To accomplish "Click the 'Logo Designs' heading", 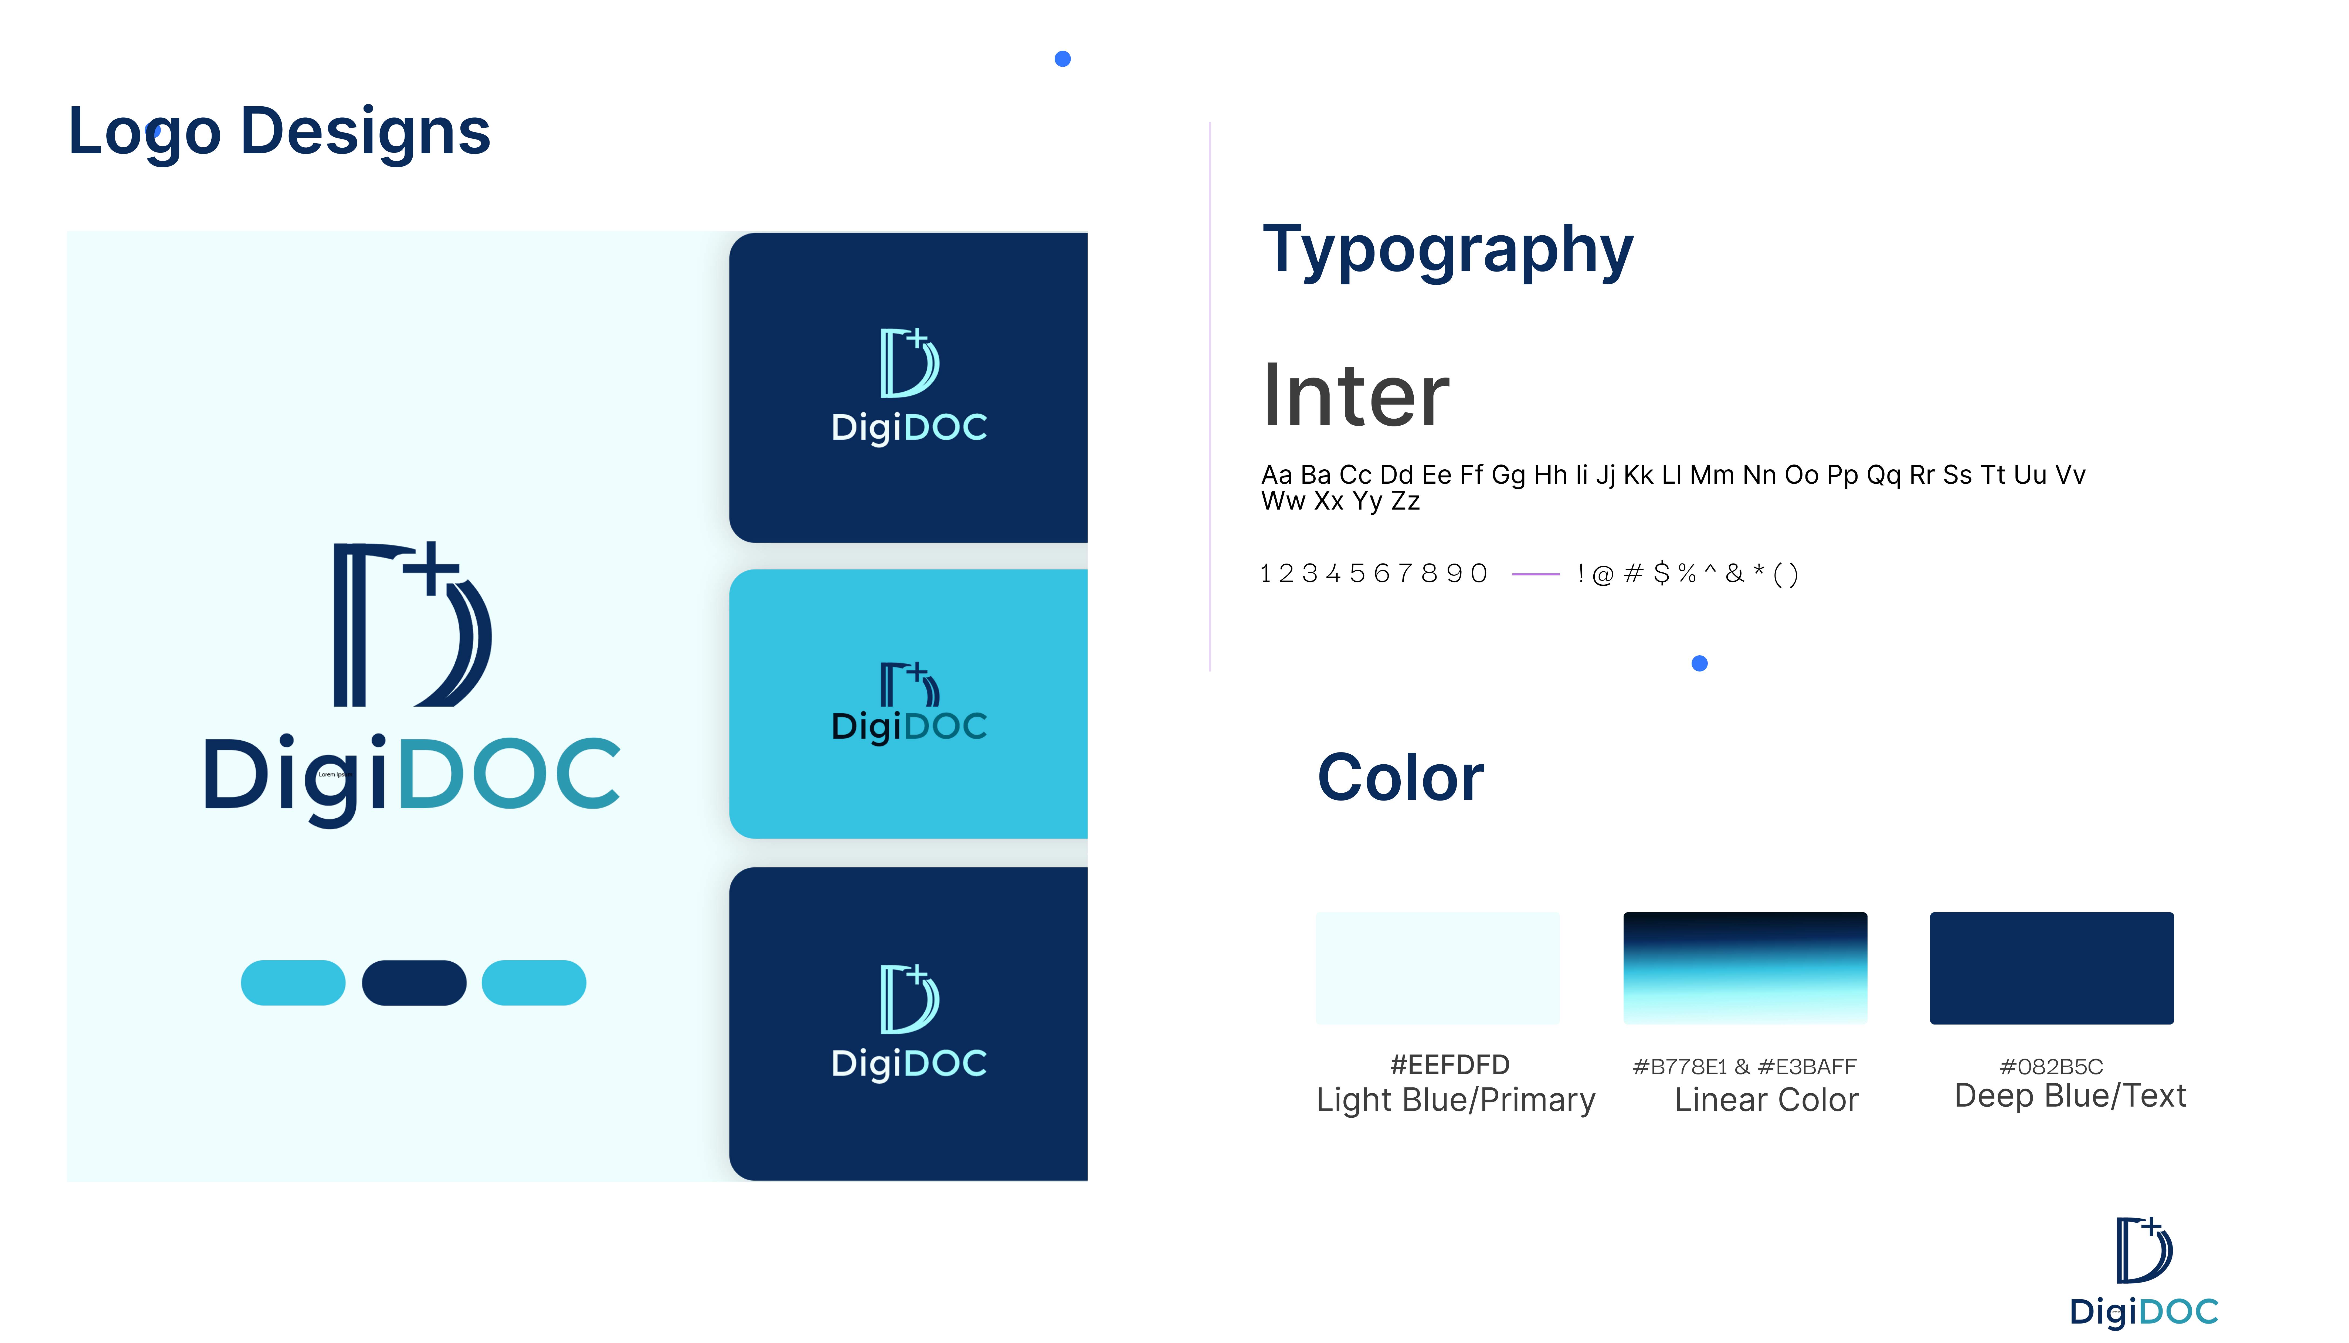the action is click(279, 132).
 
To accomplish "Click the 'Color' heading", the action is click(1401, 778).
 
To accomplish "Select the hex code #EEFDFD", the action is click(1450, 1065).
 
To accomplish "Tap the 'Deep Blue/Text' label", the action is click(2070, 1096).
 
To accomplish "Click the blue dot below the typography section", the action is click(1700, 663).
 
